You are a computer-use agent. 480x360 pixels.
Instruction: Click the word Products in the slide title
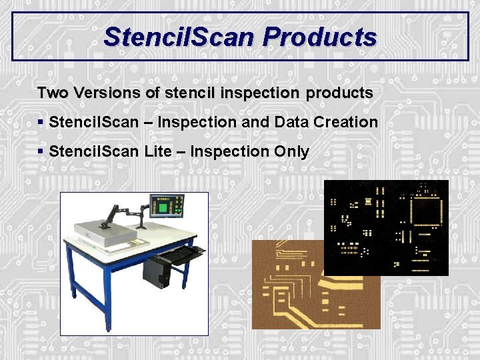319,37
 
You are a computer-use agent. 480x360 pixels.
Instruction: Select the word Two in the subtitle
52,93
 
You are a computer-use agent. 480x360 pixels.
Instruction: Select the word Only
291,151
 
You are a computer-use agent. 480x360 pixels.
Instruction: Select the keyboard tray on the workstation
178,253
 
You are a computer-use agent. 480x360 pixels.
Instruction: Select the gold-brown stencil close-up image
287,293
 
